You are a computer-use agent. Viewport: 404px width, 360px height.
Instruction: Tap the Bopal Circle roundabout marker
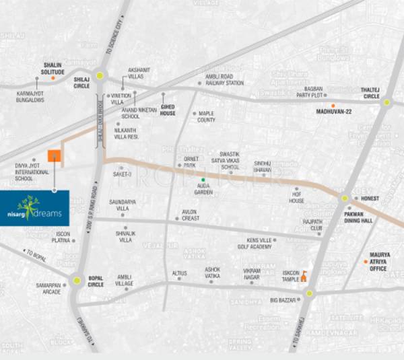click(x=77, y=280)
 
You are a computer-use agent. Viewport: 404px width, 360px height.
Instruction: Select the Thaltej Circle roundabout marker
click(x=386, y=103)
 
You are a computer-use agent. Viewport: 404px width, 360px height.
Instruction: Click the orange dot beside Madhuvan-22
click(x=333, y=106)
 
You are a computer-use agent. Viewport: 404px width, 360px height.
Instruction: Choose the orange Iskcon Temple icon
click(x=304, y=276)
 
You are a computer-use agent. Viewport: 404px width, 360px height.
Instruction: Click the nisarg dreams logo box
click(x=34, y=207)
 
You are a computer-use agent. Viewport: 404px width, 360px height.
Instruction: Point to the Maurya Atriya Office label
click(x=378, y=262)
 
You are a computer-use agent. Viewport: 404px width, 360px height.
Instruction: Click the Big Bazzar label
click(x=283, y=299)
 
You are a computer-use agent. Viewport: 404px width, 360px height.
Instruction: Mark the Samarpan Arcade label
click(x=48, y=289)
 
